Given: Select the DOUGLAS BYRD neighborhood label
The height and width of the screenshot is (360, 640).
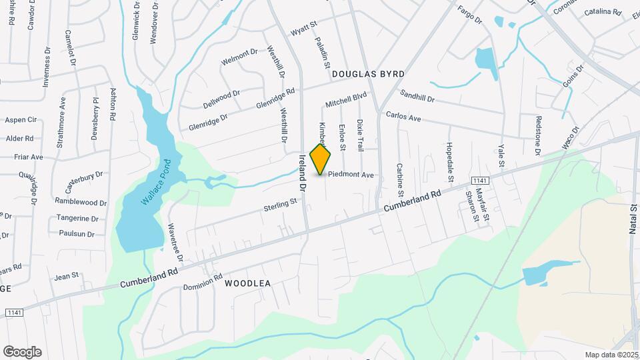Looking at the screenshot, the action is point(369,75).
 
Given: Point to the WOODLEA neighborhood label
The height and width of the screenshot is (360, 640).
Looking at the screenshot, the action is point(247,283).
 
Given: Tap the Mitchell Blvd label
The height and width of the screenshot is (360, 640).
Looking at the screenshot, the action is point(346,100).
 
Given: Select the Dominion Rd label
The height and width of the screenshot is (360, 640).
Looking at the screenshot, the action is point(203,282).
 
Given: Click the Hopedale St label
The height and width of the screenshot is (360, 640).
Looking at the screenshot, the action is point(449,162).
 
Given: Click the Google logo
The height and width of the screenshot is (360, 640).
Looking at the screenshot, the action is point(22,351).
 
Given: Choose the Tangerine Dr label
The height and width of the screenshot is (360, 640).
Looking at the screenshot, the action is point(78,218).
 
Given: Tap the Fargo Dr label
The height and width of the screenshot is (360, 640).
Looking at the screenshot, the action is point(469,15).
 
